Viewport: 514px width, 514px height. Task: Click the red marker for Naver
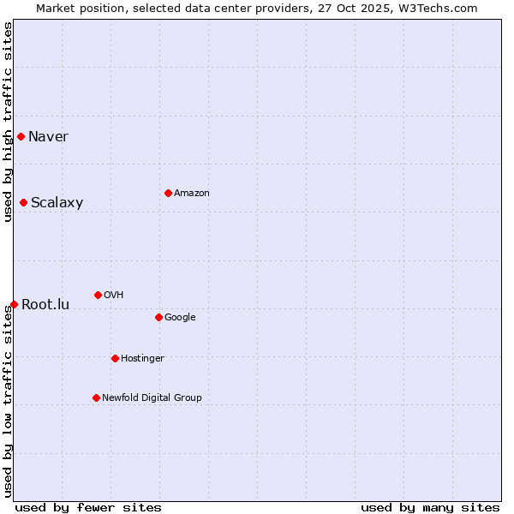coord(21,136)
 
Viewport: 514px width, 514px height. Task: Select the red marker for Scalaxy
coord(23,202)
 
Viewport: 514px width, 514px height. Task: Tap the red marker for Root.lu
coord(14,304)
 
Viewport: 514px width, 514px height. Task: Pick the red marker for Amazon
coord(168,193)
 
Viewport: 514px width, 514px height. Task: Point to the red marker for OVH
coord(98,295)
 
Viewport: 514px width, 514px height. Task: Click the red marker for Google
coord(158,317)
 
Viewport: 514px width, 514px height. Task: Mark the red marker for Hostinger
coord(115,358)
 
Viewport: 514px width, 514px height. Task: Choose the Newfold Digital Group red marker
coord(96,397)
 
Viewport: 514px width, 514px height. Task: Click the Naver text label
coord(48,137)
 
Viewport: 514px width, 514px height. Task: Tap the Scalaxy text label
coord(57,203)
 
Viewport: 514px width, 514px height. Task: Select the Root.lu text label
coord(45,305)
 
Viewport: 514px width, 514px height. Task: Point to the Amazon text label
coord(192,194)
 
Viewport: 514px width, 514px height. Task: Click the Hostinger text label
coord(142,359)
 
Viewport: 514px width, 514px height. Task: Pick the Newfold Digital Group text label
coord(152,397)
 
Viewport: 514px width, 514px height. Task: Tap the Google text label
coord(180,318)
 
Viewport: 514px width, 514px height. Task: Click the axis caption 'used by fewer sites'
coord(88,507)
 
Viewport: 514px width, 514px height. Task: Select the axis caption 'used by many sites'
coord(430,507)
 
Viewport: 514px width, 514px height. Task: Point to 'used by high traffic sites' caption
coord(9,122)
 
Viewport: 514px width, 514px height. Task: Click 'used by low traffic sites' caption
coord(9,400)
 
